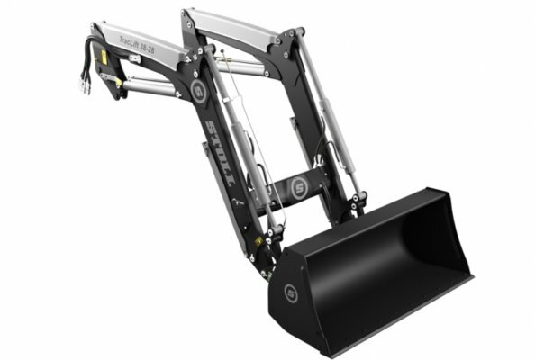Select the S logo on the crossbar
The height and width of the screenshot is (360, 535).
point(298,187)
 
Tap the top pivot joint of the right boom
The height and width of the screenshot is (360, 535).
point(290,40)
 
